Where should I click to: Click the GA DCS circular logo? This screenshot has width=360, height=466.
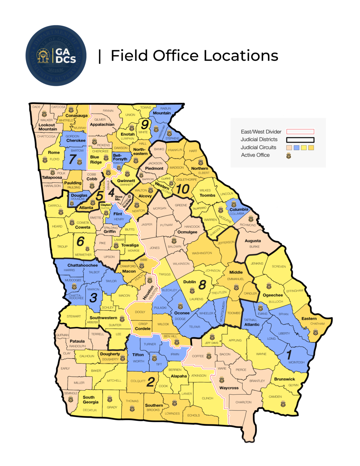[56, 55]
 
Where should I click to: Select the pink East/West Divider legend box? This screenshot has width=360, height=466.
[300, 132]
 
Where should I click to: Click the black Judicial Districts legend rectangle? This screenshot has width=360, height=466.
[300, 140]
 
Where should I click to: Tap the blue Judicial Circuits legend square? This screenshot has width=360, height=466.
[296, 148]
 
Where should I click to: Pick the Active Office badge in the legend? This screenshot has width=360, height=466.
[288, 156]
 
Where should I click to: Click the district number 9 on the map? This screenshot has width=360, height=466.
[145, 124]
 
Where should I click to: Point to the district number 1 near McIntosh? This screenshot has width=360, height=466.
[289, 354]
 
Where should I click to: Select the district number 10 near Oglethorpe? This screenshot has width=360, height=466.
[183, 189]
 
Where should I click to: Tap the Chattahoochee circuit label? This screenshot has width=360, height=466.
[82, 265]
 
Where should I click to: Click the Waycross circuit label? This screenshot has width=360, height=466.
[229, 388]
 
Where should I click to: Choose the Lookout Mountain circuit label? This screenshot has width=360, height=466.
[47, 127]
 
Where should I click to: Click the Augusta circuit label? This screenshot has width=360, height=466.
[253, 241]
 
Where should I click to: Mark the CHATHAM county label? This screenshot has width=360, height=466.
[317, 324]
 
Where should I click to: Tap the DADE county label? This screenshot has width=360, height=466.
[36, 107]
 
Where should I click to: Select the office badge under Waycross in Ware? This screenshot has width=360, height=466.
[222, 380]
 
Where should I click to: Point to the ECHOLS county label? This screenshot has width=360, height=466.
[193, 415]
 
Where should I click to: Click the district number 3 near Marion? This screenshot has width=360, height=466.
[93, 298]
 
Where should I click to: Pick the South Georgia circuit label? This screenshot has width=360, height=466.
[90, 400]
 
